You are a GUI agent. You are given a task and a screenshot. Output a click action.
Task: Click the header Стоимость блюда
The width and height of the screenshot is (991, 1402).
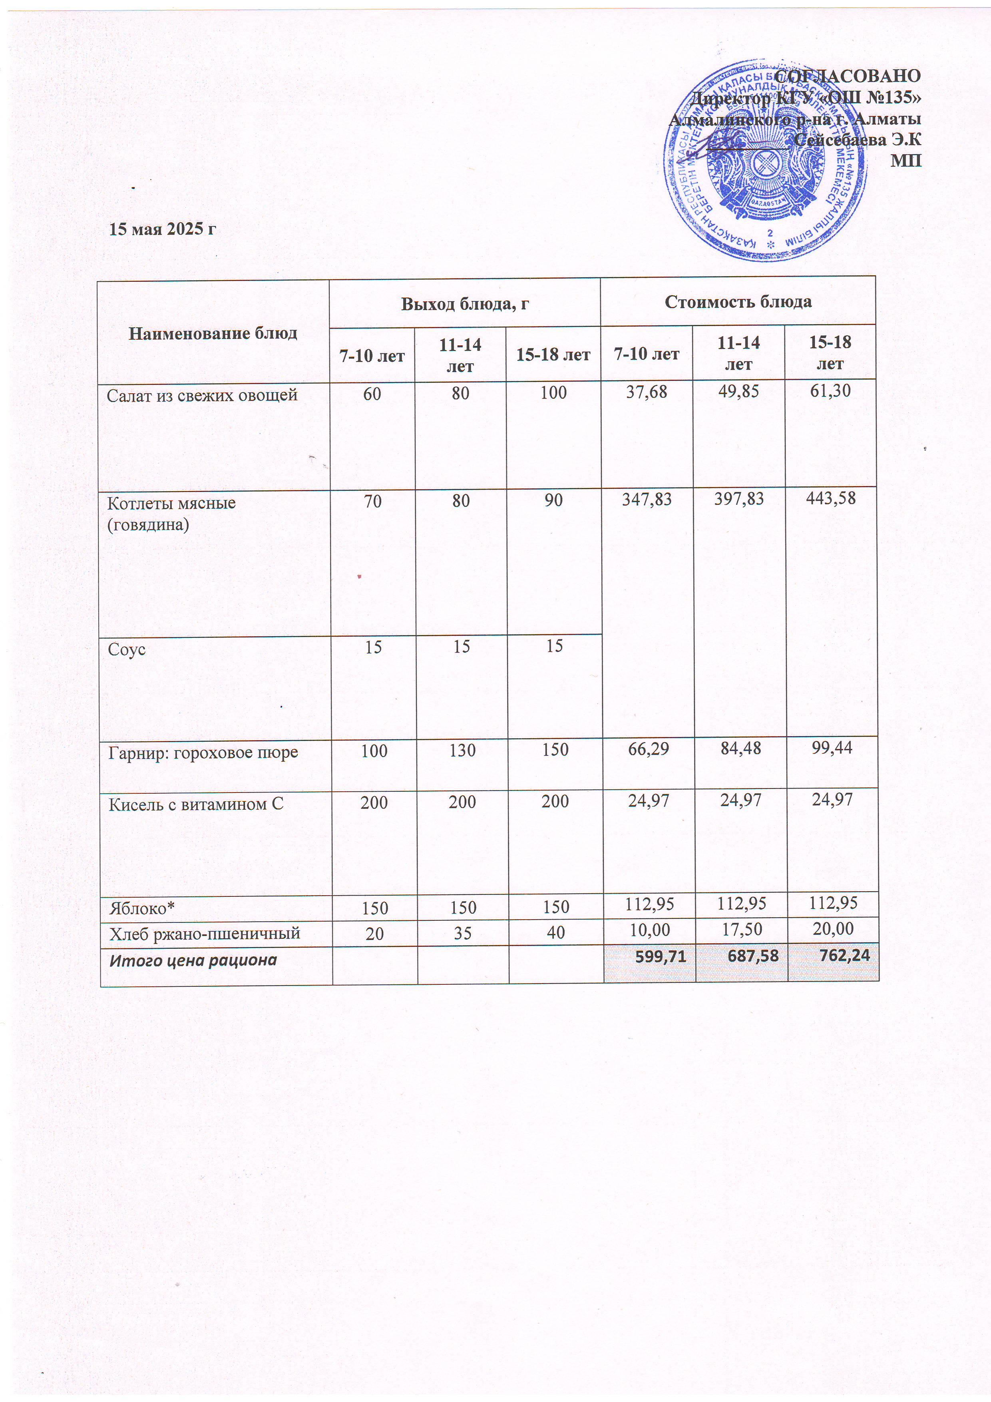point(738,302)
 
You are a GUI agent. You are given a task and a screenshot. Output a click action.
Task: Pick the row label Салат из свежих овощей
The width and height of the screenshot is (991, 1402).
point(202,396)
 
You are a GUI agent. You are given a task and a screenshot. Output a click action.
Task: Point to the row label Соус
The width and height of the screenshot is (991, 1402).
point(127,649)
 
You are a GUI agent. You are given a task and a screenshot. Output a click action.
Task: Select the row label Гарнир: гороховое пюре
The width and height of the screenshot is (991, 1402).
point(203,752)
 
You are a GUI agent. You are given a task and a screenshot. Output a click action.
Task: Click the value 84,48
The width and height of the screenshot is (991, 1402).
point(740,748)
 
